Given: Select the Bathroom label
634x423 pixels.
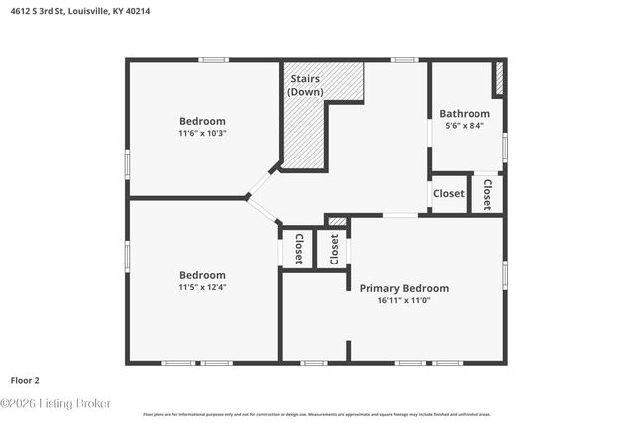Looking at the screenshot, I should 465,114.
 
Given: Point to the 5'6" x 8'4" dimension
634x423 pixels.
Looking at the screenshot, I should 465,126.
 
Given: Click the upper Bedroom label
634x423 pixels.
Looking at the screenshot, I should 202,121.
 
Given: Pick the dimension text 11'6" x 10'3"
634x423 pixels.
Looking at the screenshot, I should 202,133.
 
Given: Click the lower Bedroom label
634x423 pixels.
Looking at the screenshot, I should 202,275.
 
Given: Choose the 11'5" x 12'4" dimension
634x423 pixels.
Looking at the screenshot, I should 202,287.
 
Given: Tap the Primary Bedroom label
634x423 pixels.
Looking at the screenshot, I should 403,288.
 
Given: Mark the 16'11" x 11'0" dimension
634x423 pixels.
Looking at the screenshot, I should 403,300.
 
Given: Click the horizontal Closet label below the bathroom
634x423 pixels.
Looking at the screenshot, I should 449,193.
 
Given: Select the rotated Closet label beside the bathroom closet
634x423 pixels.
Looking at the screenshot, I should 486,194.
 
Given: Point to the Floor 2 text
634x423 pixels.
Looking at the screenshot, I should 25,379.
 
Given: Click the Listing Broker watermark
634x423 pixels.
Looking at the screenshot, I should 55,403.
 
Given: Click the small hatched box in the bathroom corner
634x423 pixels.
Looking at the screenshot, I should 499,78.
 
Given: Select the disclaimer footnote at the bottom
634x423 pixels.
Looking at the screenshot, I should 317,414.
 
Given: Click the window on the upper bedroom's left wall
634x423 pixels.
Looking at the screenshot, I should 127,162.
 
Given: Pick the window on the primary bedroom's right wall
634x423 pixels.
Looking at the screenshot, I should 505,274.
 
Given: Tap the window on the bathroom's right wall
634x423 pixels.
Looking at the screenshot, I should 505,147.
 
